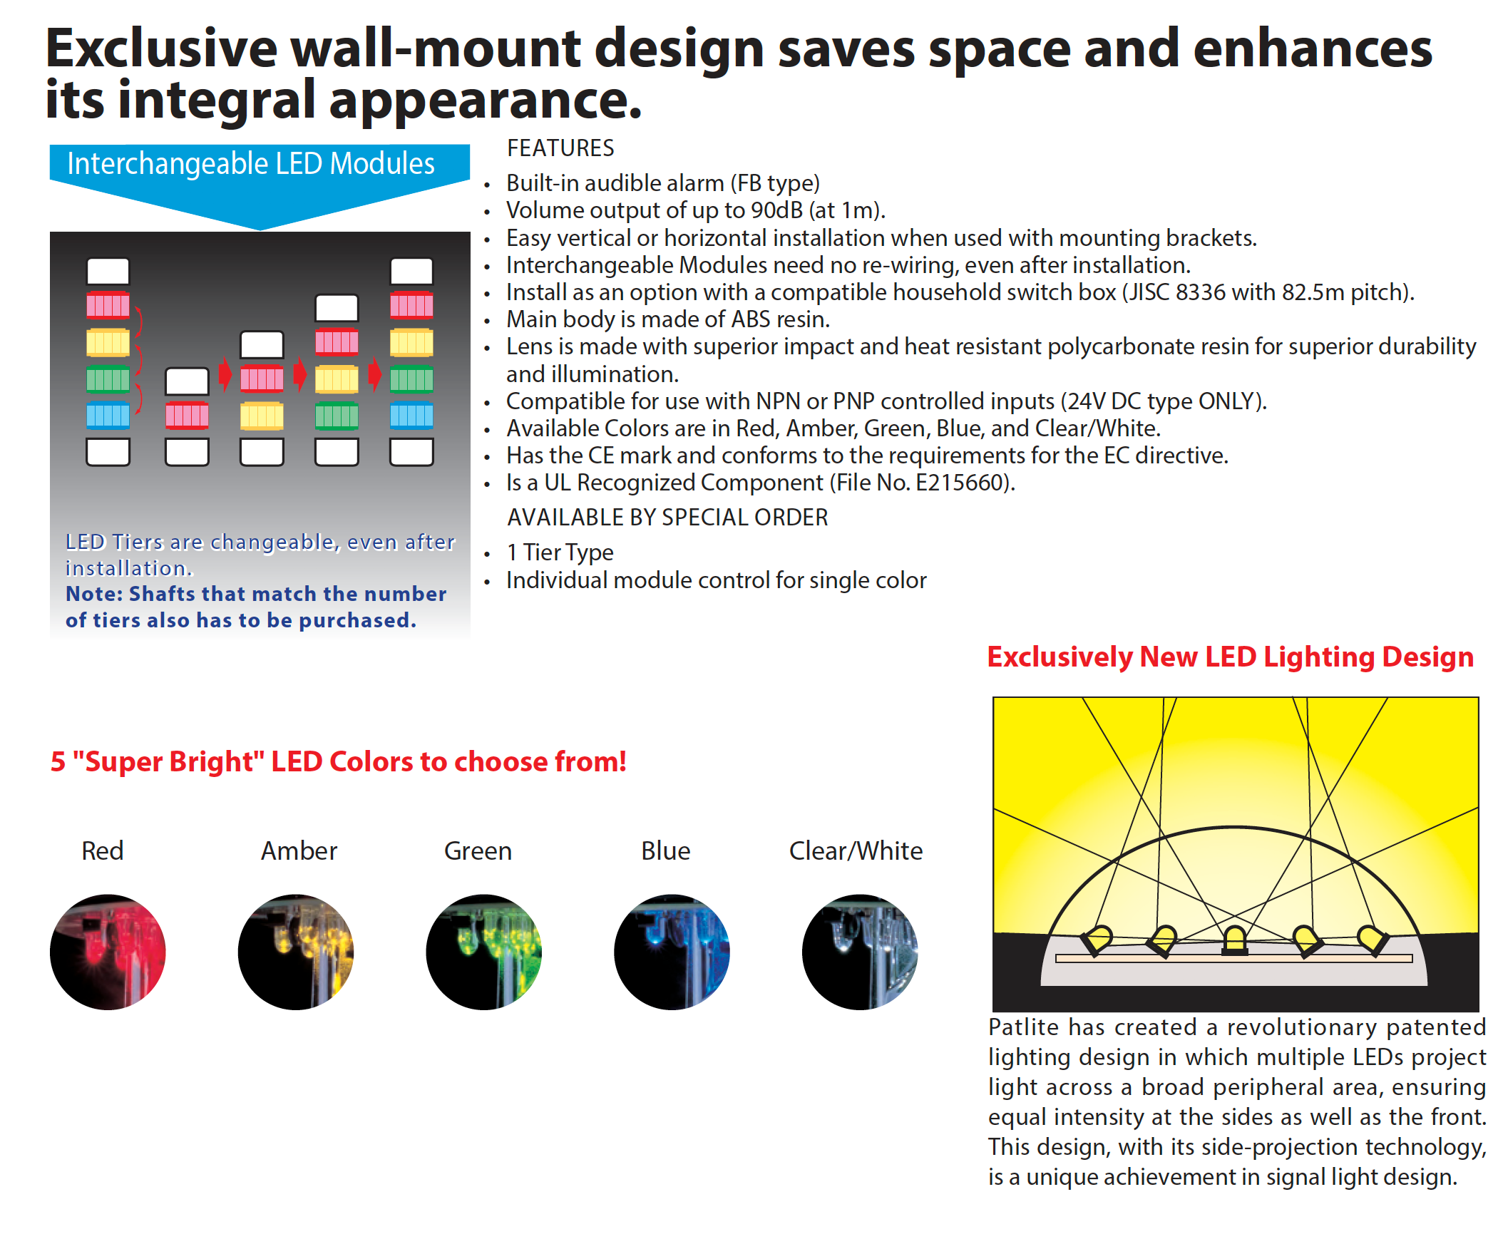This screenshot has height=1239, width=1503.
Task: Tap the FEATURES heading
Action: [560, 148]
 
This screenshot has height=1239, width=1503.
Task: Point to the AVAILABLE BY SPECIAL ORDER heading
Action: [667, 518]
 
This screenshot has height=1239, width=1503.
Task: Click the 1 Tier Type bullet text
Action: [560, 552]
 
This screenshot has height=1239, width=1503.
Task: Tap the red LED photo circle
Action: [108, 952]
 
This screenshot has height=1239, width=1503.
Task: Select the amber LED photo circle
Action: [295, 952]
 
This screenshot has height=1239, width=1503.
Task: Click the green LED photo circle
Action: [483, 952]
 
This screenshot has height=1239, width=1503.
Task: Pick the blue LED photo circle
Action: [671, 952]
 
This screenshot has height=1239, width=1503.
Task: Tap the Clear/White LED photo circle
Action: [859, 952]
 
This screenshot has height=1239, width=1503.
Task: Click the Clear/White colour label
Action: [855, 850]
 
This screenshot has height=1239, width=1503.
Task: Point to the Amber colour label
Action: [298, 850]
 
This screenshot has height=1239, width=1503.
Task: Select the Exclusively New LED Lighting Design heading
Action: [1230, 657]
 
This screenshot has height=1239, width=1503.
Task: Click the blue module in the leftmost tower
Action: [108, 415]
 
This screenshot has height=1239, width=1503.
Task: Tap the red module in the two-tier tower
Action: [187, 415]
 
